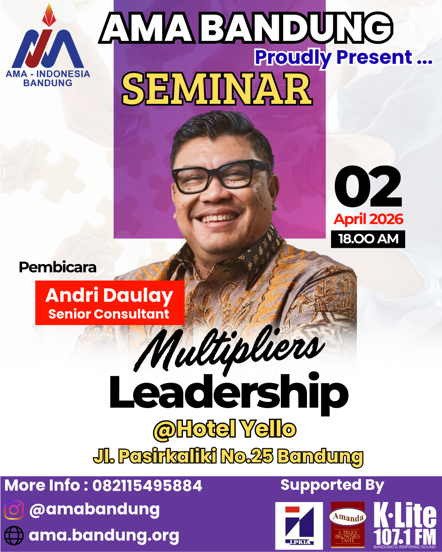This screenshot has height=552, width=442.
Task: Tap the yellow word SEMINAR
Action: pos(217,89)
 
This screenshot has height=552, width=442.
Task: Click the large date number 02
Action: pos(368,187)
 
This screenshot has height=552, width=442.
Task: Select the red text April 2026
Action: pos(368,220)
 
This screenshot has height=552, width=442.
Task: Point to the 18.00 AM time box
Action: pos(368,239)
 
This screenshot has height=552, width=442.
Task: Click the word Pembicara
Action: pos(58,267)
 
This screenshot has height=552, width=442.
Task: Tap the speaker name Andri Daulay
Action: pos(109,295)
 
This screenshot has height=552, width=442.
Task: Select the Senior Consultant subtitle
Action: pos(109,314)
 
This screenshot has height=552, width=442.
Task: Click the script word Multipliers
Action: pos(229,350)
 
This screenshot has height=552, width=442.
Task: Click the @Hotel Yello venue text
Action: pos(225,429)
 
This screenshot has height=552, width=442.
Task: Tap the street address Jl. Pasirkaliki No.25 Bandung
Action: pos(228,456)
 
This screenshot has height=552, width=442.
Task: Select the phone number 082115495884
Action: pos(147,486)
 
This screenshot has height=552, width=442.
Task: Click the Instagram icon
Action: pos(14,510)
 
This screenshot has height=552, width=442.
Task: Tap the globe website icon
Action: pos(14,535)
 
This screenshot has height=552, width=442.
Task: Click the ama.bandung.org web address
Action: pos(104,535)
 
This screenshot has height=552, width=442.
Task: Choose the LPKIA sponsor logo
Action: pos(299,526)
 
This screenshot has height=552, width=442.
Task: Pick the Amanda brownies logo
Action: pos(348,525)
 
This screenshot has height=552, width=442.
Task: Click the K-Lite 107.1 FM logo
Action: pos(405,525)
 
